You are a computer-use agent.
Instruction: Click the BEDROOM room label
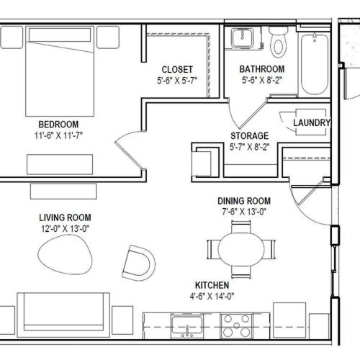coord(58,125)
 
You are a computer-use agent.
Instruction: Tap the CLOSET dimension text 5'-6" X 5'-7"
coord(177,81)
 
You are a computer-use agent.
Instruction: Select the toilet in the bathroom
coord(278,42)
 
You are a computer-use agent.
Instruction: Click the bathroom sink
coord(243,38)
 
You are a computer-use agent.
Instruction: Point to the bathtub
coord(315,65)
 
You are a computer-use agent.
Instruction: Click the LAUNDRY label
coord(312,122)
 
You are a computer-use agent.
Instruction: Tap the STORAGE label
coord(250,136)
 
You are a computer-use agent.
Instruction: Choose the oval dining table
coord(241,250)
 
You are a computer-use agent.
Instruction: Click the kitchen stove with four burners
coord(237,325)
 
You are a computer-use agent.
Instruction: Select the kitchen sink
coord(187,326)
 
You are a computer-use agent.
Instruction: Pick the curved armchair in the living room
coord(139,263)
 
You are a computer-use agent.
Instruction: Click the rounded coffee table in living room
coord(65,255)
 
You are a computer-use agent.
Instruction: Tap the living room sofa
coord(63,315)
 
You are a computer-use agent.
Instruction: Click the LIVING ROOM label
coord(65,217)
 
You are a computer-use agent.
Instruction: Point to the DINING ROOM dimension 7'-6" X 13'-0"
coord(244,212)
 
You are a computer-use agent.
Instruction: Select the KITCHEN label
coord(212,285)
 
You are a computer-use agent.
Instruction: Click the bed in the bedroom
coord(60,71)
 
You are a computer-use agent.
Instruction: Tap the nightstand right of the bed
coord(108,37)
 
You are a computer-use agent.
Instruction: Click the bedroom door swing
coord(130,149)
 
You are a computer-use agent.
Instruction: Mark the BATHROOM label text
coord(262,69)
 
